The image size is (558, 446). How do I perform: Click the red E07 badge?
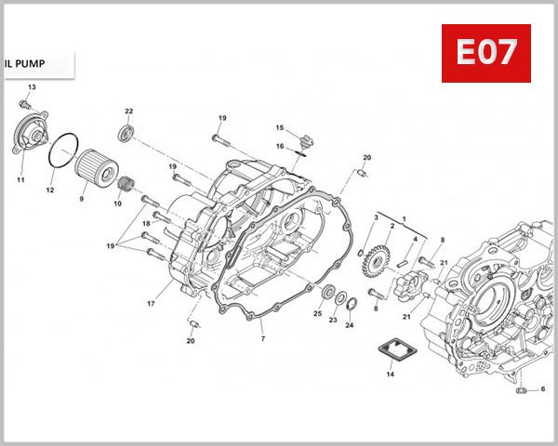484,54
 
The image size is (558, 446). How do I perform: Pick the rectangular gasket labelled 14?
390,352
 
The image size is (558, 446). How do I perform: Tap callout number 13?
31,87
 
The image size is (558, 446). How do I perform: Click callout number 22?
129,111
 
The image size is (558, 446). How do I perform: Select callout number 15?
278,127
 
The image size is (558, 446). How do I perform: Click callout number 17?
150,304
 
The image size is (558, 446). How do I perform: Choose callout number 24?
350,325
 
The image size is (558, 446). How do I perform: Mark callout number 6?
543,388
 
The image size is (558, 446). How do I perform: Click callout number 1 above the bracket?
404,217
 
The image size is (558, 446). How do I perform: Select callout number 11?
20,178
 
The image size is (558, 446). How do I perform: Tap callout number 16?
279,146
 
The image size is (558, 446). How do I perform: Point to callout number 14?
390,375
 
